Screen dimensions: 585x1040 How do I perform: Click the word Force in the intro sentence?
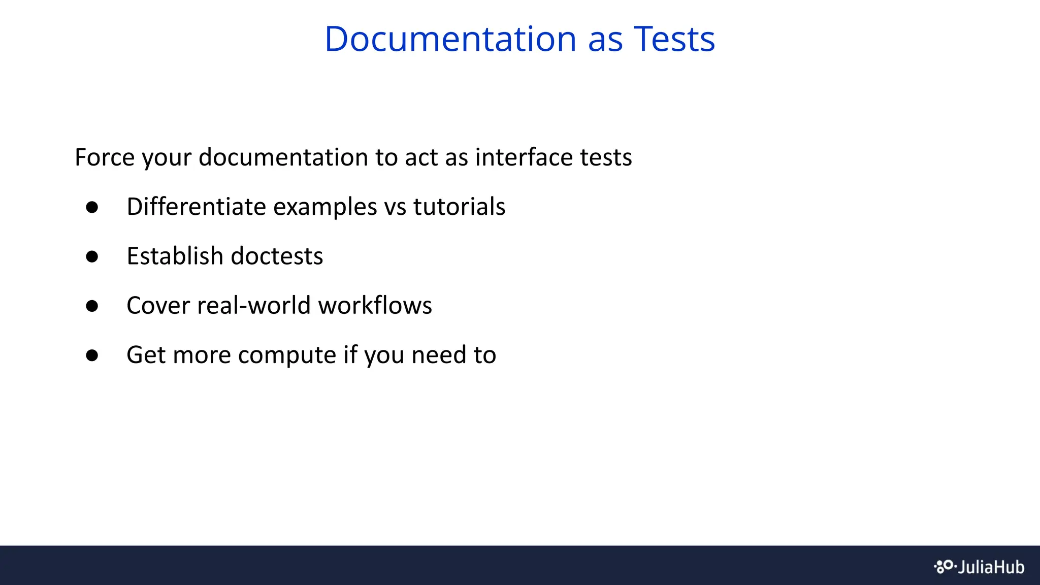pos(104,157)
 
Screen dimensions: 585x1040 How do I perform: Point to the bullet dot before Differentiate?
pos(92,207)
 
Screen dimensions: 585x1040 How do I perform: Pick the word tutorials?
pos(459,207)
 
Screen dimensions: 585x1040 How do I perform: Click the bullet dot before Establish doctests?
pos(92,256)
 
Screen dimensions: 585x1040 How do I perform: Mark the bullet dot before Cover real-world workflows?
pos(92,306)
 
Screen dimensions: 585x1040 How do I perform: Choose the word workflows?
pos(375,305)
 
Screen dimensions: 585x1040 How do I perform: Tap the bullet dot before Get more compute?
pos(92,355)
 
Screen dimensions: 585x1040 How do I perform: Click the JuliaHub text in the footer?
pos(991,567)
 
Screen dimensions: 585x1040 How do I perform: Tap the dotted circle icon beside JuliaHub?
pos(945,566)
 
